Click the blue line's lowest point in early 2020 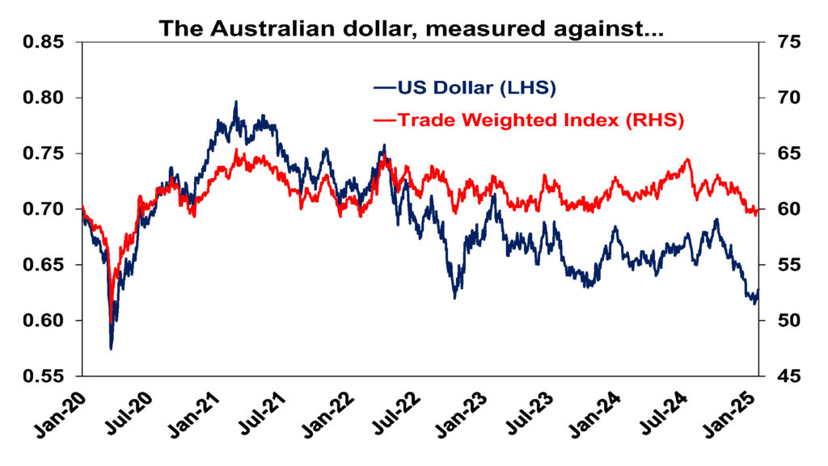tap(111, 348)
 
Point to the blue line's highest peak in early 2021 tap(236, 103)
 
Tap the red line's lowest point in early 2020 tap(111, 321)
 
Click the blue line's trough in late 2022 tap(455, 297)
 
